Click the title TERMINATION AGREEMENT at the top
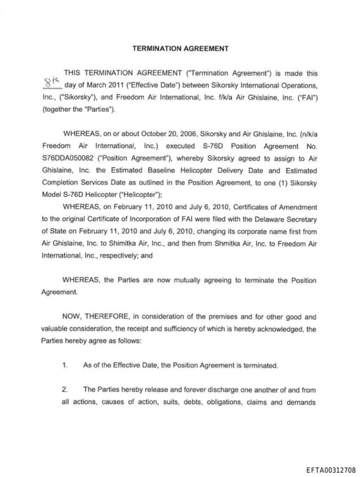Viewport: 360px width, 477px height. (x=180, y=49)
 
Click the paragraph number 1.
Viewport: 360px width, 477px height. (x=65, y=365)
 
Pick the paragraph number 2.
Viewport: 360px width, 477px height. (x=65, y=389)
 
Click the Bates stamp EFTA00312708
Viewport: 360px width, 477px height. (x=330, y=469)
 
